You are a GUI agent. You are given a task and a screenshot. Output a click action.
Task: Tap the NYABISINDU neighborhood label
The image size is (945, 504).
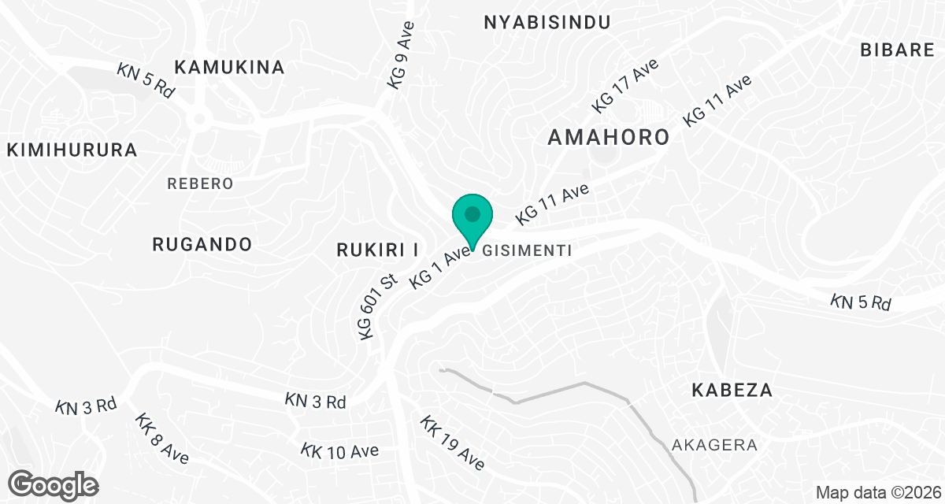pyautogui.click(x=547, y=22)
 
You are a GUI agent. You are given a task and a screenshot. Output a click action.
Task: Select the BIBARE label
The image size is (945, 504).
pyautogui.click(x=897, y=50)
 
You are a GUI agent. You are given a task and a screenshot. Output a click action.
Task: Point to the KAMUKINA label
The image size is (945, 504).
pyautogui.click(x=229, y=67)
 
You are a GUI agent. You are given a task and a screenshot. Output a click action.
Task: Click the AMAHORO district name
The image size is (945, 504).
pyautogui.click(x=608, y=137)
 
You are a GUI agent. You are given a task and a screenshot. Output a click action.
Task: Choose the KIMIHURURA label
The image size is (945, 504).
pyautogui.click(x=72, y=150)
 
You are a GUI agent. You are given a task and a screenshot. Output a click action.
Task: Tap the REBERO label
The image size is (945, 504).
pyautogui.click(x=201, y=183)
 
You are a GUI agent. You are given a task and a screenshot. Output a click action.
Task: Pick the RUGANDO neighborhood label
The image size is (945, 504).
pyautogui.click(x=202, y=244)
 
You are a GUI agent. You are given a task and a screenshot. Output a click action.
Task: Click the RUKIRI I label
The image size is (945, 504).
pyautogui.click(x=377, y=250)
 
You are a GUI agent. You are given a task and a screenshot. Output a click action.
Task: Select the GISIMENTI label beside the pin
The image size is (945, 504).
pyautogui.click(x=525, y=250)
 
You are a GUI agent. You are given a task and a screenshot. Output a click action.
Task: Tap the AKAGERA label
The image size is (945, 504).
pyautogui.click(x=715, y=445)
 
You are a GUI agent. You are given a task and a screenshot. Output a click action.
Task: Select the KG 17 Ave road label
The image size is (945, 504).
pyautogui.click(x=625, y=85)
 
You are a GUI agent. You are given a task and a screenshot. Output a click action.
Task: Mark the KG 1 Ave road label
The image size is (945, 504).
pyautogui.click(x=439, y=269)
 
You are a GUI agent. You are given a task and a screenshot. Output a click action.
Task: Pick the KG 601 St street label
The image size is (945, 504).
pyautogui.click(x=376, y=307)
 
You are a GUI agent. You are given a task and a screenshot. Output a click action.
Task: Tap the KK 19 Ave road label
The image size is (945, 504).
pyautogui.click(x=451, y=444)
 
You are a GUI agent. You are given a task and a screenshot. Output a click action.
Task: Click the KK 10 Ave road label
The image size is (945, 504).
pyautogui.click(x=339, y=451)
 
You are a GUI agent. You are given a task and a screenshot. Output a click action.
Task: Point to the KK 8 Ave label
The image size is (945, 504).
pyautogui.click(x=161, y=439)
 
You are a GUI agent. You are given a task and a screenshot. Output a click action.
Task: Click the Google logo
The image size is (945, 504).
pyautogui.click(x=54, y=484)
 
